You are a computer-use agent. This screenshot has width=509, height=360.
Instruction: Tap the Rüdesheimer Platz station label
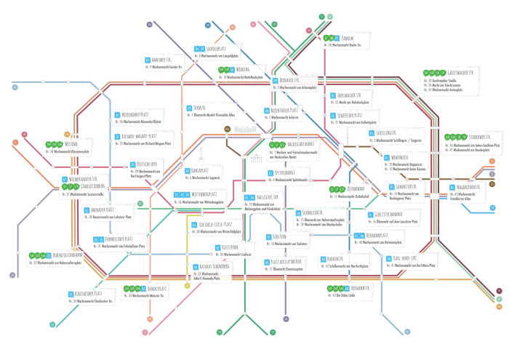94,293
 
